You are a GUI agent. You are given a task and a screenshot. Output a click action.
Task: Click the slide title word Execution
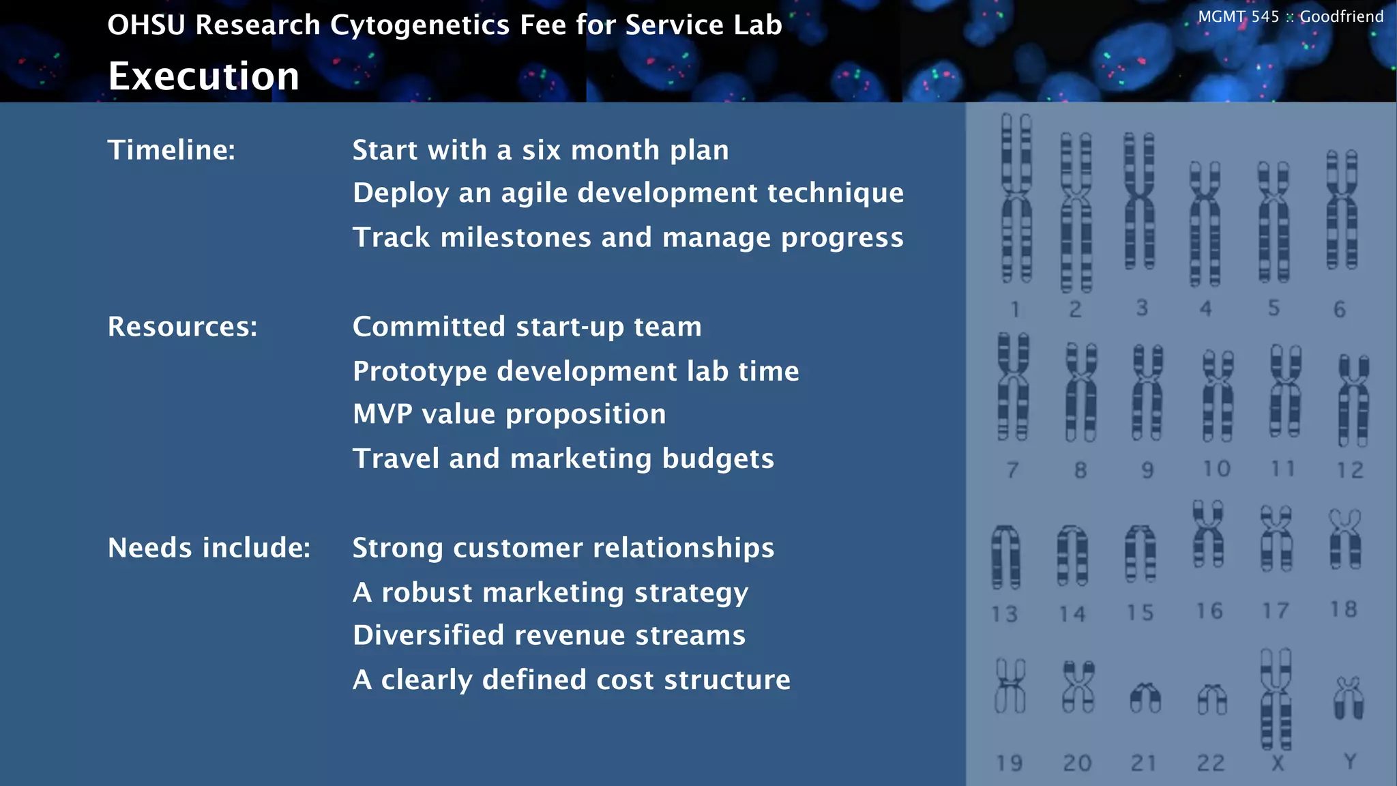(x=203, y=76)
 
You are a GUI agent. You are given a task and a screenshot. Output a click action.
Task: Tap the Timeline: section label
(x=171, y=150)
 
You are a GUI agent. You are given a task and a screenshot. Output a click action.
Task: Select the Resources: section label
(x=182, y=327)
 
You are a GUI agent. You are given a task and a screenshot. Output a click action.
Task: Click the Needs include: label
(x=209, y=548)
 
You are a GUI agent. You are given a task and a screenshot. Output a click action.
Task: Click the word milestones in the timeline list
(x=516, y=238)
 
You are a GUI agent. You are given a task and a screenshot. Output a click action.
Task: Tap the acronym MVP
(x=382, y=414)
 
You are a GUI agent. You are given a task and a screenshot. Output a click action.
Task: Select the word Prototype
(x=420, y=372)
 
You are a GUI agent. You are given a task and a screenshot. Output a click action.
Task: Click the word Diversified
(x=428, y=635)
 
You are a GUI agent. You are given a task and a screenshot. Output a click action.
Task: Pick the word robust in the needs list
(x=426, y=592)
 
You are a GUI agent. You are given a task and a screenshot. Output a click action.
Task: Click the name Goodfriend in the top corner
(x=1341, y=16)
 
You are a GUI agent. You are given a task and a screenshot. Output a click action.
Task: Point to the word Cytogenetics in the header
(x=420, y=25)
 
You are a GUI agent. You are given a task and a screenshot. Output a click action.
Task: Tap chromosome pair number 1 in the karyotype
(x=1016, y=198)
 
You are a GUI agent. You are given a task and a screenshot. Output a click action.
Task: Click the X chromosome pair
(x=1276, y=699)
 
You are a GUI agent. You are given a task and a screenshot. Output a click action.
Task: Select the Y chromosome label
(x=1350, y=761)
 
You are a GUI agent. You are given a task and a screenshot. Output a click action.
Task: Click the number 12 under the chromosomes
(x=1350, y=470)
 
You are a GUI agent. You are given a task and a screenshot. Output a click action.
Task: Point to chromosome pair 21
(x=1145, y=698)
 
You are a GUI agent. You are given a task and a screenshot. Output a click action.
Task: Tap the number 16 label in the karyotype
(x=1209, y=611)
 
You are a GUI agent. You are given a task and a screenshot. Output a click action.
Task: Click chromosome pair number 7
(x=1012, y=387)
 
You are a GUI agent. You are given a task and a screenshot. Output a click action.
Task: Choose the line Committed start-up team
(x=527, y=327)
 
